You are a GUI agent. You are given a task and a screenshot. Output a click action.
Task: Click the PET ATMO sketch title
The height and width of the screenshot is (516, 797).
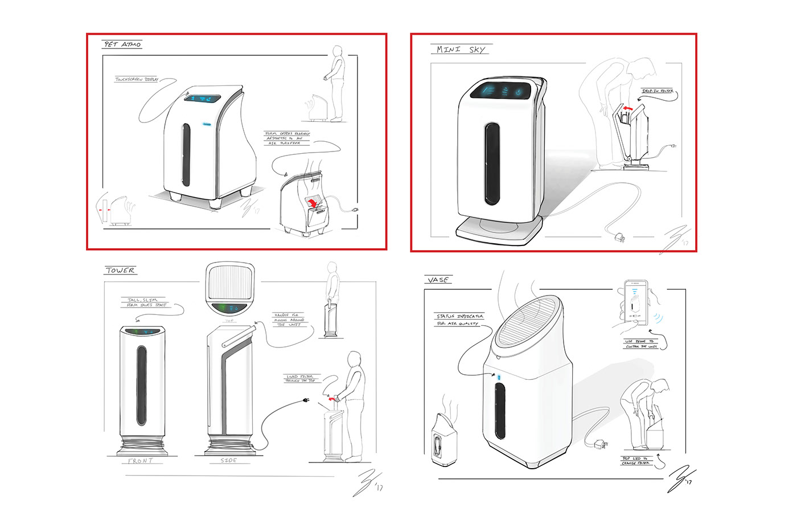pos(122,44)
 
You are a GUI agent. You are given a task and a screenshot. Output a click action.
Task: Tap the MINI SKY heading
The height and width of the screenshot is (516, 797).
pos(461,50)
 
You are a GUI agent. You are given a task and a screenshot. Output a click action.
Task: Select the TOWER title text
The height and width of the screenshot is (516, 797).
pos(120,271)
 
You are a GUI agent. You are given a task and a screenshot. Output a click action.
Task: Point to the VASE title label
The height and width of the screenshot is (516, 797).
pos(438,280)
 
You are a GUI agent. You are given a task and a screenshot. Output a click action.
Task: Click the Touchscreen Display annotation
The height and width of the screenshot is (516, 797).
pos(137,80)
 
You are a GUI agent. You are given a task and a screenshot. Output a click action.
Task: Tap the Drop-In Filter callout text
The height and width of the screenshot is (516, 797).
pos(658,91)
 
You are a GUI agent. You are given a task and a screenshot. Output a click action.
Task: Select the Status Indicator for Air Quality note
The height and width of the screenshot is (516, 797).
pos(459,320)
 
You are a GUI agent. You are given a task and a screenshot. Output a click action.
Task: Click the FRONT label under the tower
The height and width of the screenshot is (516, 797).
pos(141,461)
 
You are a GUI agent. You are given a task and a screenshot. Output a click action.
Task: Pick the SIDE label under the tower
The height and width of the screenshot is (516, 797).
pos(228,460)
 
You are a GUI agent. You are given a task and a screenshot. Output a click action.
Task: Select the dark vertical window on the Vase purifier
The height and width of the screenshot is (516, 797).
pos(500,410)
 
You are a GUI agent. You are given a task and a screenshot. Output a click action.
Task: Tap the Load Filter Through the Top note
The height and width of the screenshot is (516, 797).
pos(301,378)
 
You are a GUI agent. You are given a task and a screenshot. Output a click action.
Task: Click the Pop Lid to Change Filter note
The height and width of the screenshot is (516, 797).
pos(635,460)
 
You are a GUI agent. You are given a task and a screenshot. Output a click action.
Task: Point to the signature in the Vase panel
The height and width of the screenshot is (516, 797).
pos(680,479)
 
